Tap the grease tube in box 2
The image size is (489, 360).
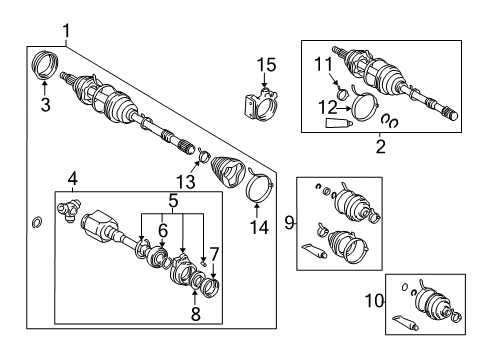(338, 124)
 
